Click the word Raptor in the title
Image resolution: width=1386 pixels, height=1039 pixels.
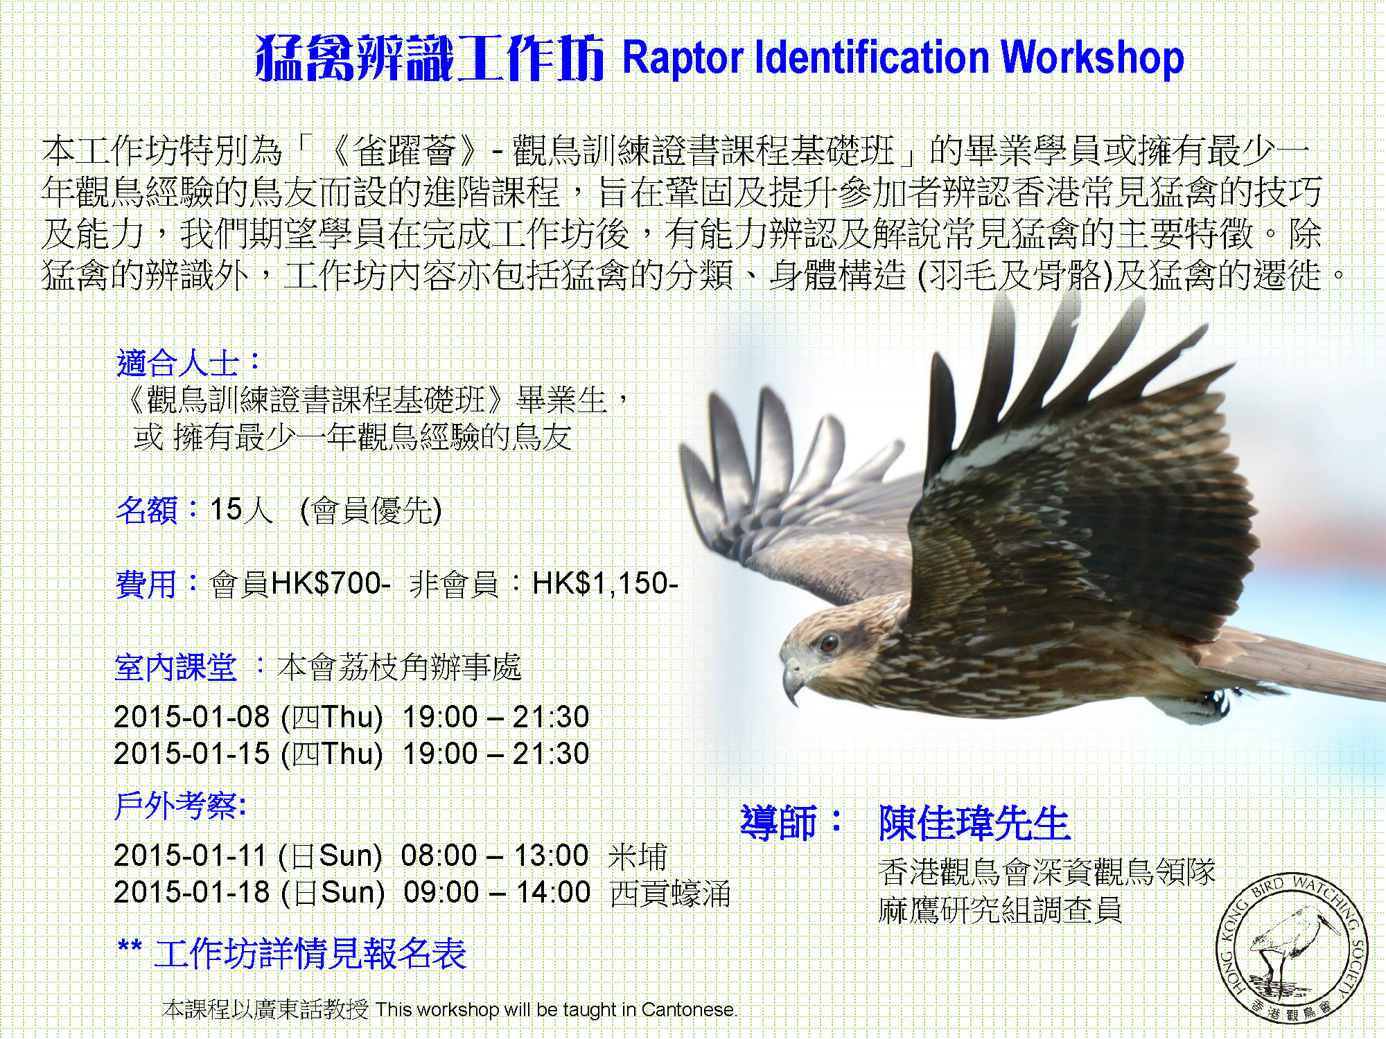coord(683,58)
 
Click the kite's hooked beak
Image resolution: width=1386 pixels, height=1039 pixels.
coord(793,680)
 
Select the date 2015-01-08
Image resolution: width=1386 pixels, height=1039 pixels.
coord(192,717)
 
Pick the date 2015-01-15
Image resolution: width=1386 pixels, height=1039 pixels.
coord(192,754)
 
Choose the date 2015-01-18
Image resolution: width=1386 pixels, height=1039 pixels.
coord(192,893)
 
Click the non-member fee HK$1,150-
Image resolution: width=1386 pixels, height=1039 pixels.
coord(605,584)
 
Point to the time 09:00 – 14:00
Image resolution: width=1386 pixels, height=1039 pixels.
coord(498,893)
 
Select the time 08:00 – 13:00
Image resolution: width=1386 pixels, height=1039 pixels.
coord(495,856)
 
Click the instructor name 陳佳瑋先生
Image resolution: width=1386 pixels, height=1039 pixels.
coord(974,823)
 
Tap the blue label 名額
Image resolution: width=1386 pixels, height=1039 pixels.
coord(146,510)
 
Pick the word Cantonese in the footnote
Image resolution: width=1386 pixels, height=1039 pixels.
coord(687,1010)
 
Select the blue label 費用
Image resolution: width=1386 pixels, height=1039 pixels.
coord(146,585)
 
